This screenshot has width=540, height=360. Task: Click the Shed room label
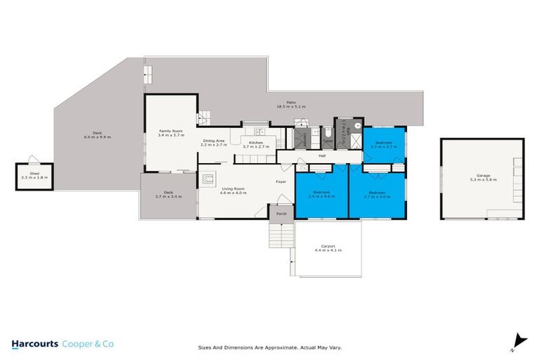tap(30, 174)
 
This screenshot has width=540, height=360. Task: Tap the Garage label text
tap(482, 176)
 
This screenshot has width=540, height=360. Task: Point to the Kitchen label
tap(256, 143)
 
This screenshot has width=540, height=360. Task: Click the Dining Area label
tap(214, 141)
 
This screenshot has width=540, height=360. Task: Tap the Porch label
tap(281, 213)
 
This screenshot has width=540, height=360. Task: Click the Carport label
tap(328, 247)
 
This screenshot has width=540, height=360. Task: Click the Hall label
tap(322, 155)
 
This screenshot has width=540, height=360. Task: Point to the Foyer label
tap(279, 182)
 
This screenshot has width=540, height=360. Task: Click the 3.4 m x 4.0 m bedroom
tap(321, 194)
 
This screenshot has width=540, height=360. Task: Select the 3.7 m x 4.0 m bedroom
tap(377, 194)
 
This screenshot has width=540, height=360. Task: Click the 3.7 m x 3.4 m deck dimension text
tap(168, 197)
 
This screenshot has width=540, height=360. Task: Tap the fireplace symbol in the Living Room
tap(207, 179)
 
